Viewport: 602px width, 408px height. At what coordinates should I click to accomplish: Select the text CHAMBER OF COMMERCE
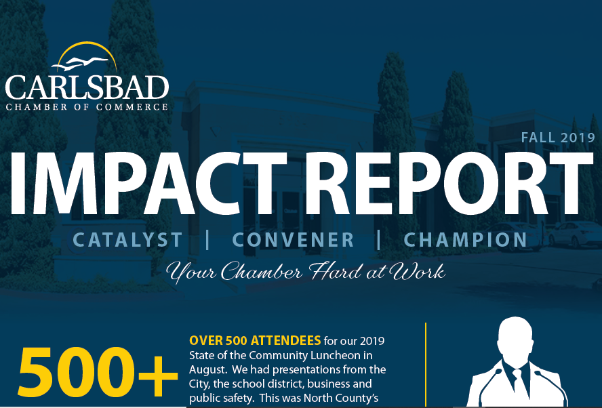pos(87,106)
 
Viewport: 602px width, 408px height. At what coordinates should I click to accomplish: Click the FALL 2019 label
pos(558,138)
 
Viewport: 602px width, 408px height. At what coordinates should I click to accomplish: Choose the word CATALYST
pos(127,240)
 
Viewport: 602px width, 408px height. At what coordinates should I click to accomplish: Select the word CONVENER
pos(294,240)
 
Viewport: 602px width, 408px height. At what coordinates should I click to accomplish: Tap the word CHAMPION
pos(465,240)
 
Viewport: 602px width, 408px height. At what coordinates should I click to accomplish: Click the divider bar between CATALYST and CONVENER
pos(207,239)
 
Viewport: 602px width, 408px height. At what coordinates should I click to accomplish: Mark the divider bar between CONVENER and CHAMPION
pos(379,239)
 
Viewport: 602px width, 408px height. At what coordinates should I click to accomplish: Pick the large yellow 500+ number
pos(98,373)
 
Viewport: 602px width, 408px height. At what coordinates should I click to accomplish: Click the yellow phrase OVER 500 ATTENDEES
pos(255,340)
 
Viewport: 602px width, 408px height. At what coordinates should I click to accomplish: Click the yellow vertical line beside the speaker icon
pos(426,365)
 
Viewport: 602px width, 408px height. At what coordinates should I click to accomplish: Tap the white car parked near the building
pos(573,233)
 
